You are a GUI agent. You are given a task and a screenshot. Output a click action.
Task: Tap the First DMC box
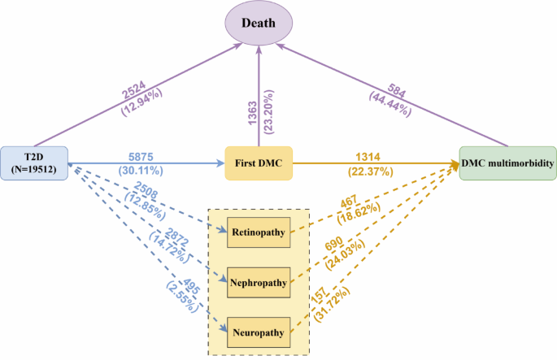click(x=259, y=163)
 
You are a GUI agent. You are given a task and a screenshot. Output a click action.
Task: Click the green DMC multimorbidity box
click(x=507, y=163)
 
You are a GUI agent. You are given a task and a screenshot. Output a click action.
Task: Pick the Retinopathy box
click(x=258, y=233)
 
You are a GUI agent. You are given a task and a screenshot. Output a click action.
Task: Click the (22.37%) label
click(x=373, y=171)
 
